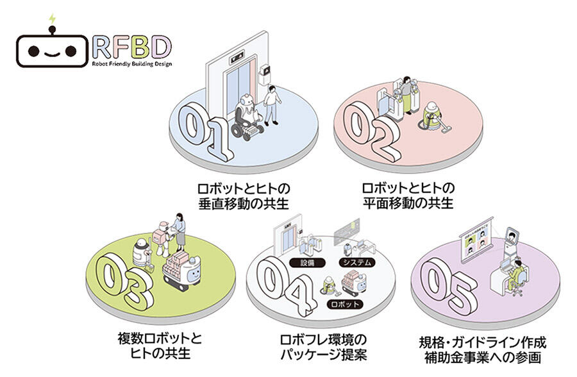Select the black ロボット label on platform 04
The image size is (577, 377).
(x=344, y=303)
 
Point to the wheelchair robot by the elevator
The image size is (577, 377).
(x=246, y=117)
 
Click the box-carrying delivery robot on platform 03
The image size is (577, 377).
(x=183, y=267)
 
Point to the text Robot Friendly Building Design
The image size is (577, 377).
(x=131, y=64)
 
